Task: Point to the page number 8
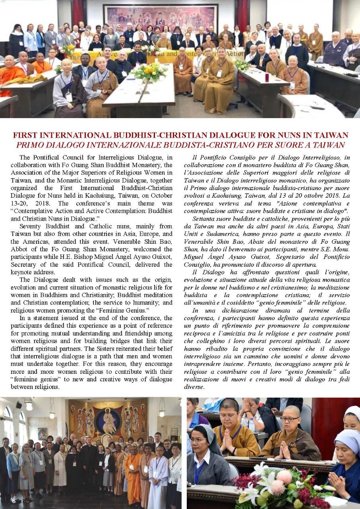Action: [x=14, y=501]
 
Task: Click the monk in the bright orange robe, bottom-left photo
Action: [x=133, y=475]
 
